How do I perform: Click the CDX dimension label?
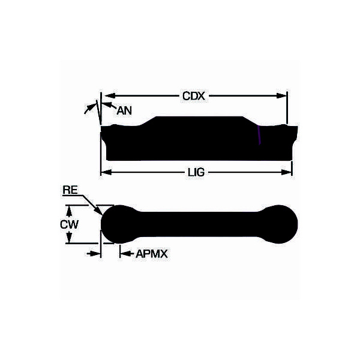[195, 95]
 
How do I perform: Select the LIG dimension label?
[196, 172]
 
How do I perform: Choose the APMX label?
[151, 254]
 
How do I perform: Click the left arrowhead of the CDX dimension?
[107, 95]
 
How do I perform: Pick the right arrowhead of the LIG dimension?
[289, 172]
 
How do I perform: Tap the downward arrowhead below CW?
[70, 239]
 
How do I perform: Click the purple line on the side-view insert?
[259, 136]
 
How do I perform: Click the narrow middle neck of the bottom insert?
[198, 224]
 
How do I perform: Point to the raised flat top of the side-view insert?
[198, 120]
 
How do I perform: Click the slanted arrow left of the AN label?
[90, 109]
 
